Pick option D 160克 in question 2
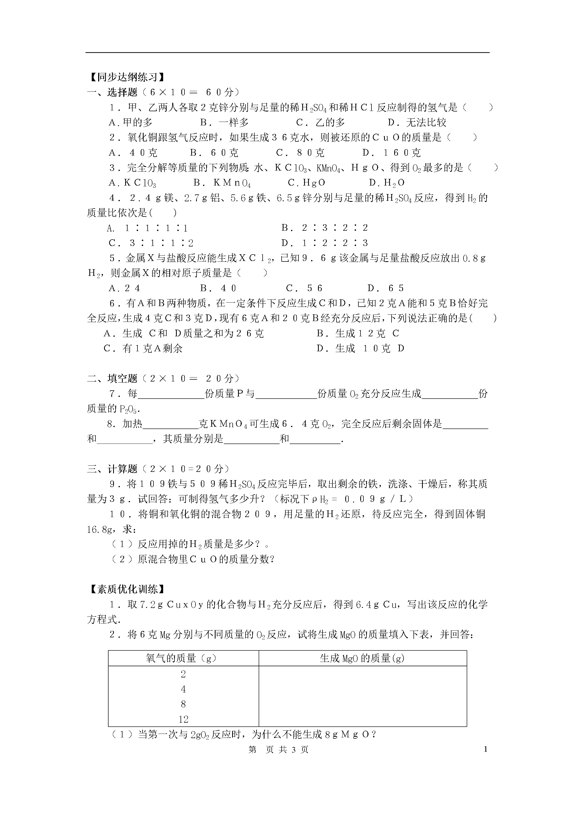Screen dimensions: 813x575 click(392, 153)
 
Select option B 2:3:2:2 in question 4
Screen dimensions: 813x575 click(325, 228)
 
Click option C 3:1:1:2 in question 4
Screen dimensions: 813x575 click(151, 243)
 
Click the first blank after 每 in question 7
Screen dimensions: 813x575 click(171, 394)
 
